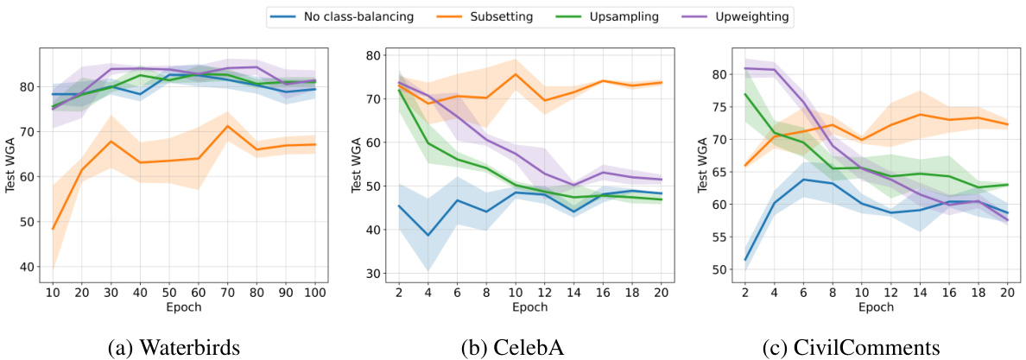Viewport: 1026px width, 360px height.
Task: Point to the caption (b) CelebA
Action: (513, 346)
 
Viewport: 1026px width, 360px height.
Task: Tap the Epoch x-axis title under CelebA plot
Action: (529, 306)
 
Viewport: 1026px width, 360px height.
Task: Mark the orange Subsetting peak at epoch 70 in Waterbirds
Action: (227, 126)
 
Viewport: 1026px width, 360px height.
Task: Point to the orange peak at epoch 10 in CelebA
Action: (516, 74)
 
